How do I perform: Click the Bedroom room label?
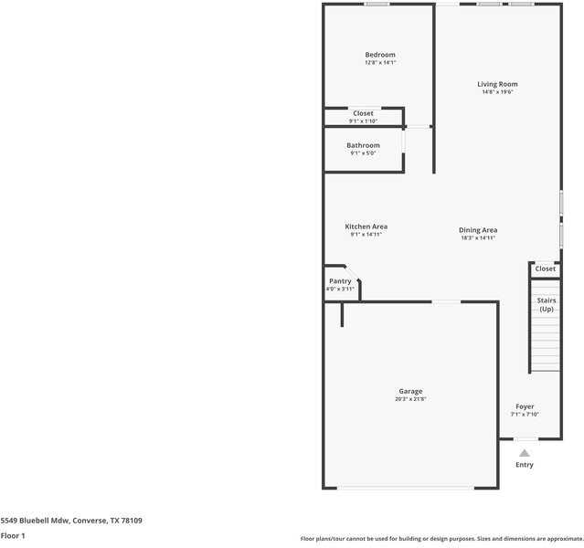coord(380,55)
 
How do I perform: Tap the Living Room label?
coord(497,84)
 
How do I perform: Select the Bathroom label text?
coord(363,145)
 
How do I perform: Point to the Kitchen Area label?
coord(366,227)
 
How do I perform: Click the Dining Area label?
coord(478,230)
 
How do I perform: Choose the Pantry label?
coord(340,281)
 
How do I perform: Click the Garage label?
coord(410,391)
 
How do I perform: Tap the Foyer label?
coord(525,406)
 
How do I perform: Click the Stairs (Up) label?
coord(547,304)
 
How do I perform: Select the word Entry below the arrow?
coord(525,465)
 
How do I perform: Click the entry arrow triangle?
coord(525,452)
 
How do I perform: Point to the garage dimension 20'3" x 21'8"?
coord(410,399)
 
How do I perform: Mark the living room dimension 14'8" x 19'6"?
coord(497,92)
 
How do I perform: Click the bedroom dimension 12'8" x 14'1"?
coord(380,63)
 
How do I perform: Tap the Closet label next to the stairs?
coord(546,269)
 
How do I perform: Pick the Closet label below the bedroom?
coord(363,113)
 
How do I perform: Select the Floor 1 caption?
coord(13,536)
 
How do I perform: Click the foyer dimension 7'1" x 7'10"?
coord(525,415)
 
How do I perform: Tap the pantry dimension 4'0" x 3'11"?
coord(340,290)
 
